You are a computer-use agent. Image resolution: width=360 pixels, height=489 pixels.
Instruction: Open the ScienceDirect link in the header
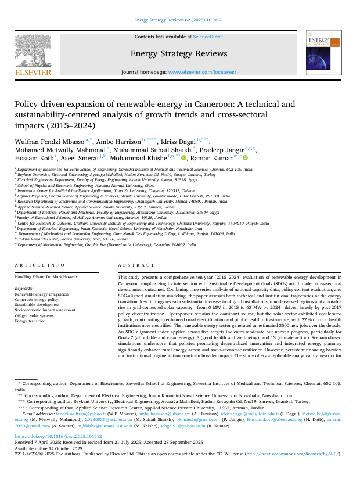coord(208,37)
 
